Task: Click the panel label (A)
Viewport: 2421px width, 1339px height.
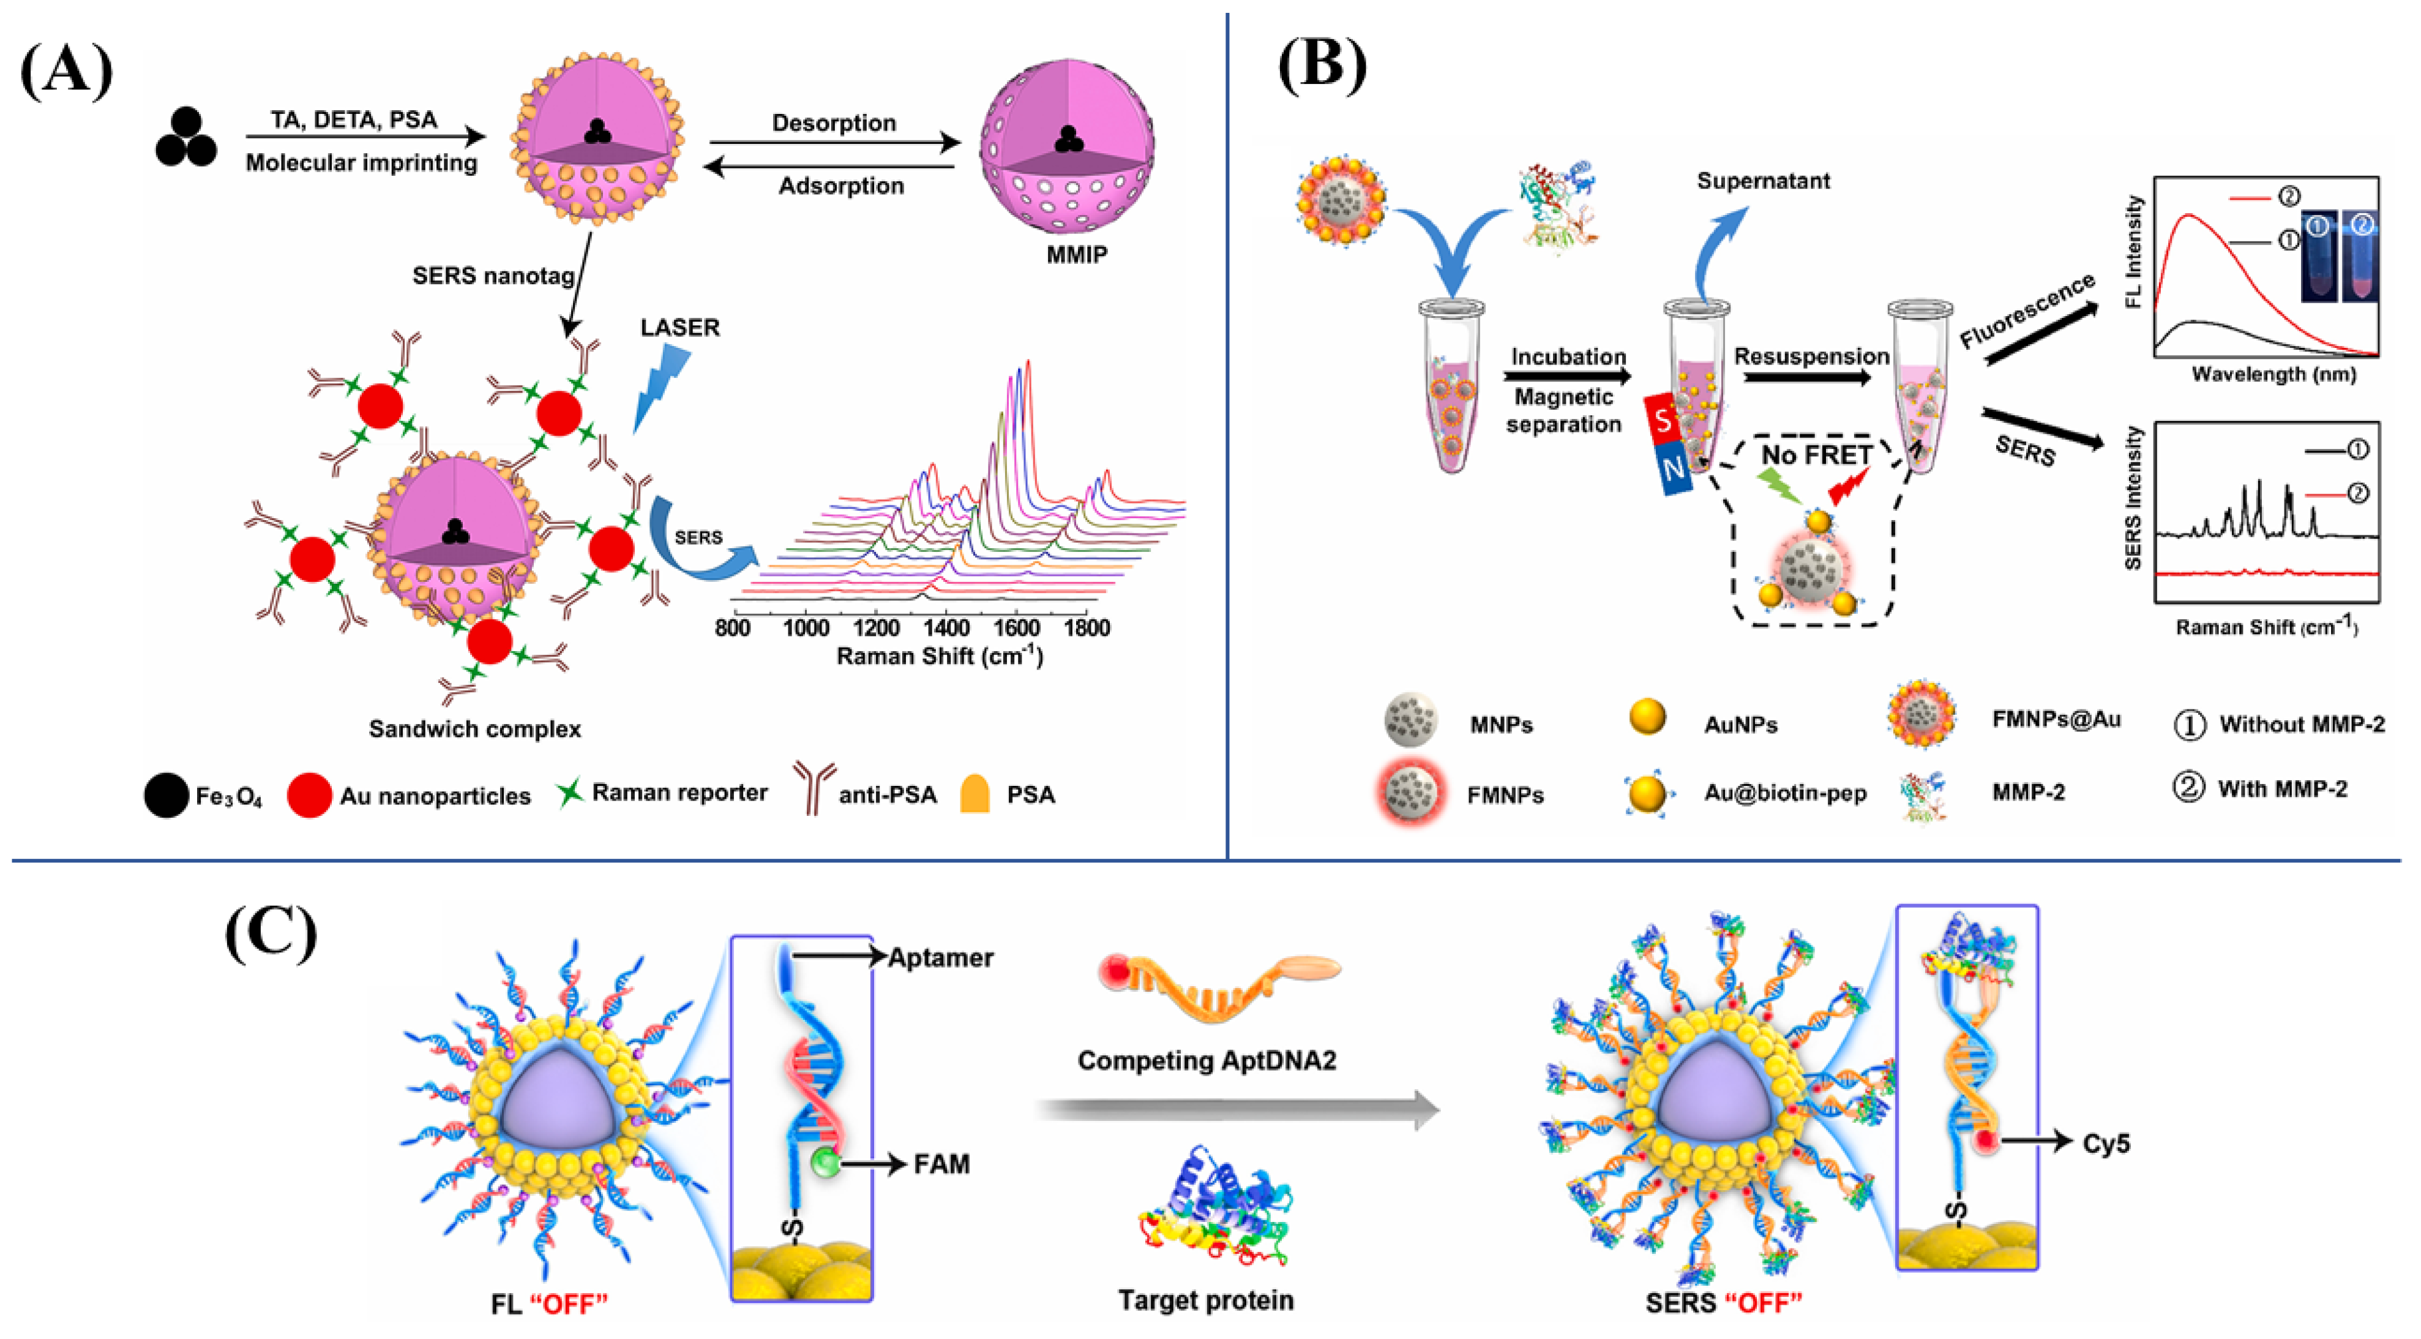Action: [x=65, y=70]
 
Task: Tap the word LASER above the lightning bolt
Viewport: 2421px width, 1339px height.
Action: [x=679, y=327]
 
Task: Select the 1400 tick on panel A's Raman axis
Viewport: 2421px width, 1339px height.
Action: [x=946, y=628]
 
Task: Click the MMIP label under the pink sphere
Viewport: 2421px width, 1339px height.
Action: [x=1076, y=255]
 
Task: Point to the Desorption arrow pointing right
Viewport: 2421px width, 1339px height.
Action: [x=834, y=143]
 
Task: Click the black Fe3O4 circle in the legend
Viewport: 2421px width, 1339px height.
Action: [x=167, y=794]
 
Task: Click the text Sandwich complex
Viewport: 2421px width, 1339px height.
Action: [x=474, y=729]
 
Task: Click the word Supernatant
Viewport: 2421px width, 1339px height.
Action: [x=1763, y=181]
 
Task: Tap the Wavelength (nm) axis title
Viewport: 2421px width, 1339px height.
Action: [x=2273, y=374]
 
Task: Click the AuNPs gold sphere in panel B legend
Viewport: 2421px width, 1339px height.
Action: [x=1647, y=717]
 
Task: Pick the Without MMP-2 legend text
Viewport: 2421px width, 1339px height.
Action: [x=2302, y=724]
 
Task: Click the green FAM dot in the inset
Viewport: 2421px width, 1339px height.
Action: [x=824, y=1163]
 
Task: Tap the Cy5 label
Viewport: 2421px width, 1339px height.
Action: [x=2105, y=1144]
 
